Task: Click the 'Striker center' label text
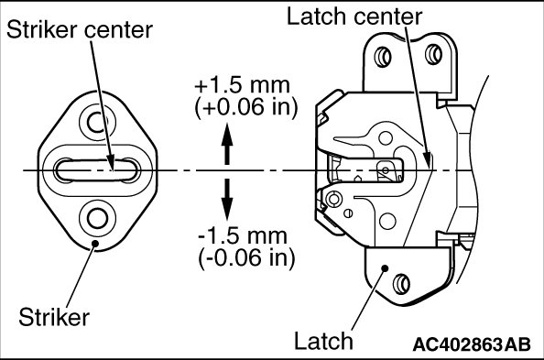(x=80, y=29)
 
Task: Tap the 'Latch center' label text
(x=354, y=16)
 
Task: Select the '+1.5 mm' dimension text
(x=242, y=85)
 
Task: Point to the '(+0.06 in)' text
(x=246, y=107)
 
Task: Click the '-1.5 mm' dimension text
(x=243, y=235)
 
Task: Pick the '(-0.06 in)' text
(x=246, y=258)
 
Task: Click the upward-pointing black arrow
(x=227, y=144)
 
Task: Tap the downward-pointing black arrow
(x=227, y=200)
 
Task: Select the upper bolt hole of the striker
(x=97, y=122)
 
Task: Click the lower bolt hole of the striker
(x=97, y=218)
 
